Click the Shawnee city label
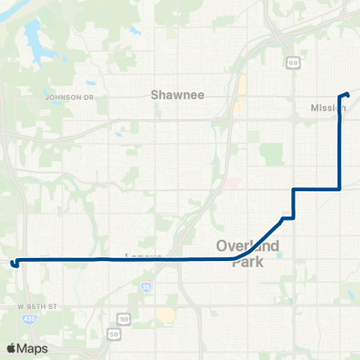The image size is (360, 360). (178, 95)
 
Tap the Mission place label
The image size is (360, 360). (328, 108)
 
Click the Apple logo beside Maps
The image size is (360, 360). (10, 348)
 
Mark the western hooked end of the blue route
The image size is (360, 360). (13, 263)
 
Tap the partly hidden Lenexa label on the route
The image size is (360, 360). (143, 255)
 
